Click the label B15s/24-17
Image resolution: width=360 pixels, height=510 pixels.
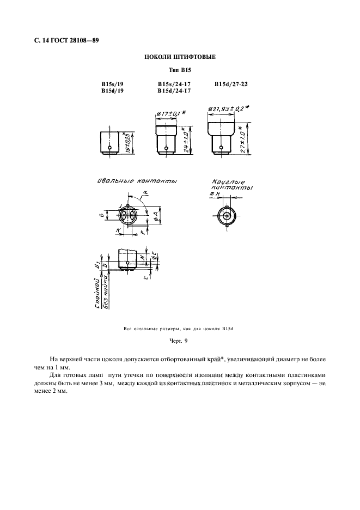[174, 84]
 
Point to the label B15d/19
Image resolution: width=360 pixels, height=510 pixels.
[112, 91]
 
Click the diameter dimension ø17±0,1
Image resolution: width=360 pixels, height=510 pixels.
[170, 113]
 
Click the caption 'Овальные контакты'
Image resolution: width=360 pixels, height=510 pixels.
[139, 181]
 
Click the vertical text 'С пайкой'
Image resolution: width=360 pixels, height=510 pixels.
[96, 294]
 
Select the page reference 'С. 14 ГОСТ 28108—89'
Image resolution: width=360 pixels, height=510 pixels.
[62, 40]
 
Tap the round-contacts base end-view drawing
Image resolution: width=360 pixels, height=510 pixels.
[225, 214]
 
